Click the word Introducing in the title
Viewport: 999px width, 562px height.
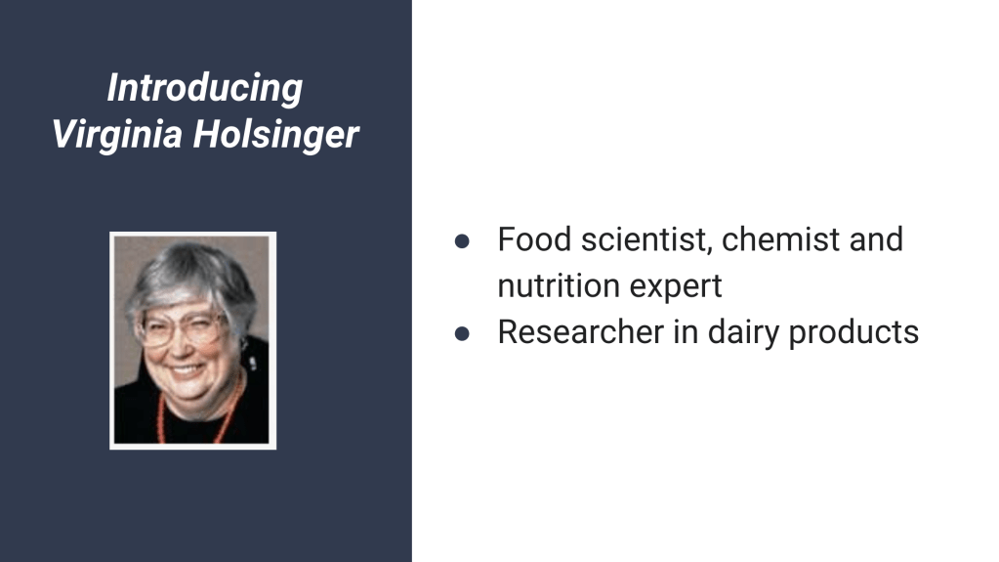[x=204, y=88]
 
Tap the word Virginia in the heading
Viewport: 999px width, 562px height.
[x=117, y=135]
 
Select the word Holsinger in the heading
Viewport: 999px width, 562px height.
[x=275, y=135]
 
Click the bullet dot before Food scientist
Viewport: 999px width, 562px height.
[x=462, y=241]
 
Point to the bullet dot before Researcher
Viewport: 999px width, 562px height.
[x=462, y=333]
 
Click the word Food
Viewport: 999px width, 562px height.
[x=534, y=239]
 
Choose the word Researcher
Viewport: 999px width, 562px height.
[x=580, y=332]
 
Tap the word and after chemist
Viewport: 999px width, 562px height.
[x=876, y=239]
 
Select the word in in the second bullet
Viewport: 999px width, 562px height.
[x=686, y=332]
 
